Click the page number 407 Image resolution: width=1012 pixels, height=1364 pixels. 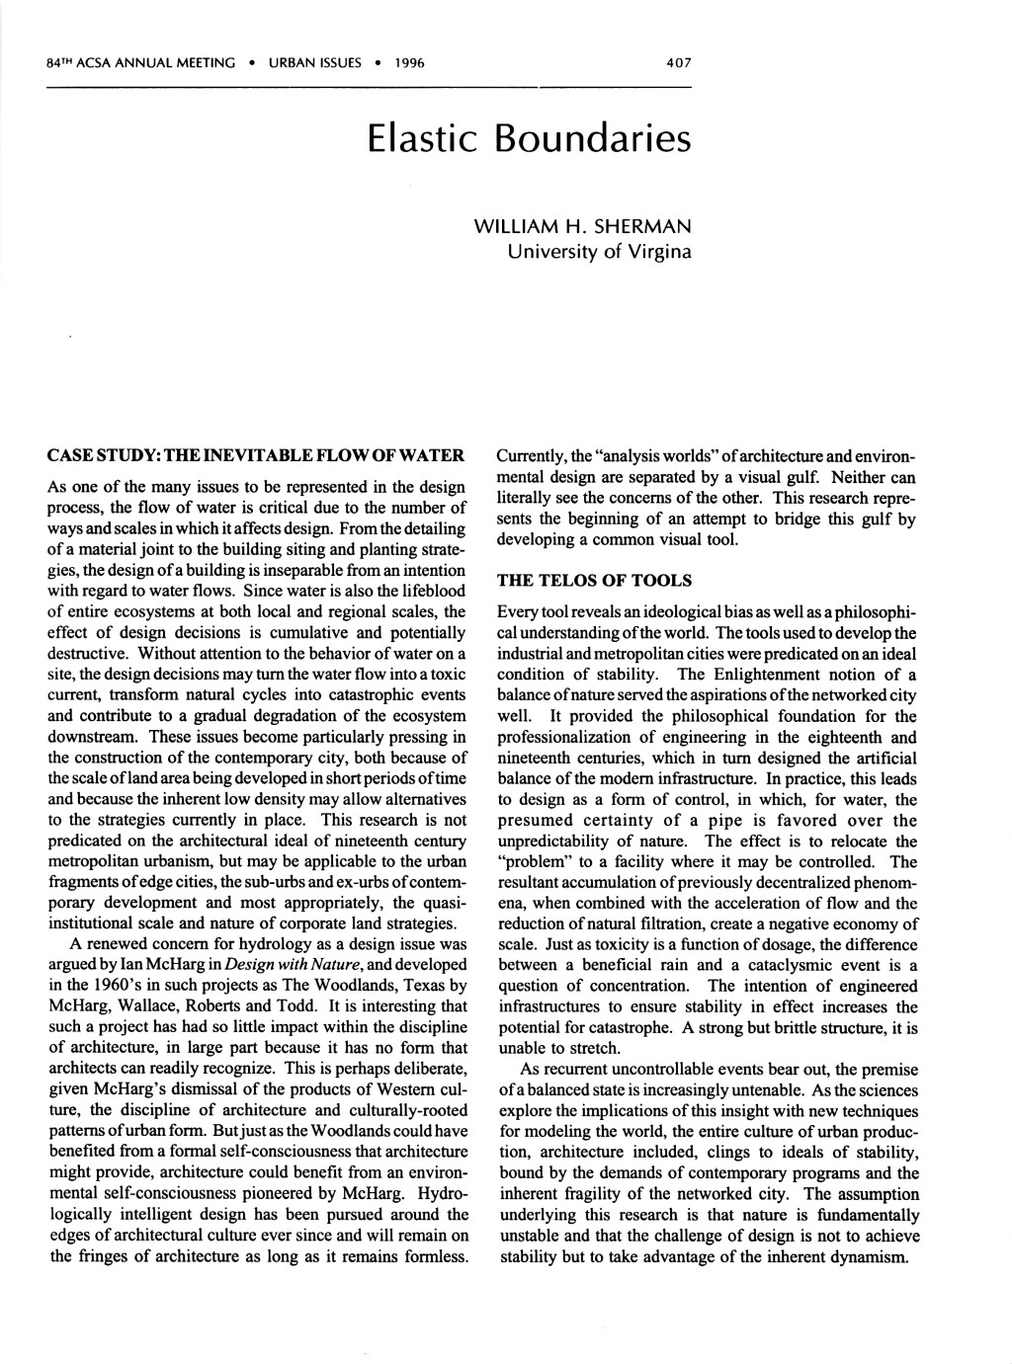tap(678, 62)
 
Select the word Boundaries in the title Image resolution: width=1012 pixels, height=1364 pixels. tap(593, 139)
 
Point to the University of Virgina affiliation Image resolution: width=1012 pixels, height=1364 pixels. tap(599, 250)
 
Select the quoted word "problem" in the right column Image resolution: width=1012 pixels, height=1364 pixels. tap(525, 862)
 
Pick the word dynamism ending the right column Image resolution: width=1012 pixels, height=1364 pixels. tap(872, 1257)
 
